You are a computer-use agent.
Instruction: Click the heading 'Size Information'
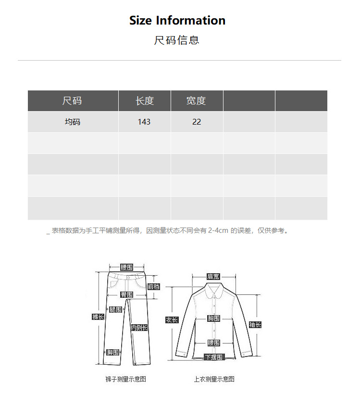177,21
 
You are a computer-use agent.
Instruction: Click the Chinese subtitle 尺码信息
176,40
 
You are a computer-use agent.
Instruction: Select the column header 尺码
72,101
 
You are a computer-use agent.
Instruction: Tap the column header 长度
144,101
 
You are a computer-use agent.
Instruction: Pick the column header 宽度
196,101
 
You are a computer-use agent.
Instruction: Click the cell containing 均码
73,122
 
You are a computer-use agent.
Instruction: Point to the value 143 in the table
144,122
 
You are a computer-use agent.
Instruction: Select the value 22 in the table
197,122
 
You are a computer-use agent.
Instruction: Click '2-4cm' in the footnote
218,231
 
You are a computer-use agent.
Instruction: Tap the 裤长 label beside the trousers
98,317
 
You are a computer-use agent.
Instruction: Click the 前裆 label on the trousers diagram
154,287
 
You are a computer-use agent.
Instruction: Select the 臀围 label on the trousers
127,294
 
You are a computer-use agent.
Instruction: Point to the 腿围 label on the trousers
115,310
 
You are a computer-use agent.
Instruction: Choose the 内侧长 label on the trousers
139,328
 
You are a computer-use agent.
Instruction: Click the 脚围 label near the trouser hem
113,353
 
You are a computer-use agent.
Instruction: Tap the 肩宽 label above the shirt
213,277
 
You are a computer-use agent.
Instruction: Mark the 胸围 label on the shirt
214,318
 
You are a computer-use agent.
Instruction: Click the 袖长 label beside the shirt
255,325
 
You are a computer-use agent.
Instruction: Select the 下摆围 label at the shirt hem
214,357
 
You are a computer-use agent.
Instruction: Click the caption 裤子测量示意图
125,379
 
